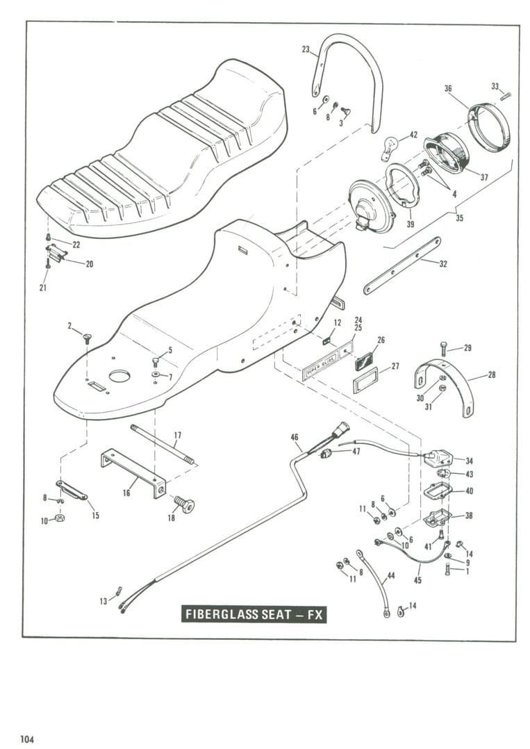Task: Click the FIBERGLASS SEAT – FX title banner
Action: point(254,614)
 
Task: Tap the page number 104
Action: point(26,739)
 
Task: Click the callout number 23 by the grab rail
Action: point(306,49)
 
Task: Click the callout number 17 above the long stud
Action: point(178,435)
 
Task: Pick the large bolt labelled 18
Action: point(184,504)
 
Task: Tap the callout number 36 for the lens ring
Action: point(448,88)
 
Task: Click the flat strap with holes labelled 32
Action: point(402,265)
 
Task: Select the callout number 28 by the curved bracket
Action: point(492,375)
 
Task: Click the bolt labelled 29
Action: point(442,349)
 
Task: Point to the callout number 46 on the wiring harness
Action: point(295,436)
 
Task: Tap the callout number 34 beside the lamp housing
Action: point(470,461)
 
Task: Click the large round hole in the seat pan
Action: point(119,377)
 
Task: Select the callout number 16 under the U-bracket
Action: point(126,493)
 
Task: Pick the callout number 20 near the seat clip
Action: point(90,264)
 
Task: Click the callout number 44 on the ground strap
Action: point(391,575)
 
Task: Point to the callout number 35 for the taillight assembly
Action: point(459,218)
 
